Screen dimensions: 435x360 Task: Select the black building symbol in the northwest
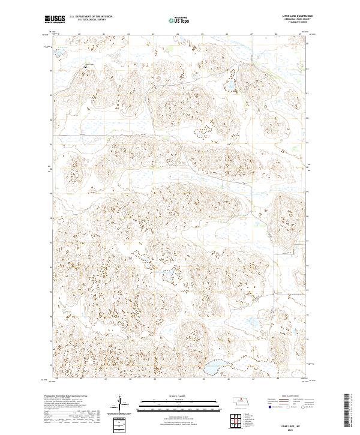(x=85, y=66)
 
